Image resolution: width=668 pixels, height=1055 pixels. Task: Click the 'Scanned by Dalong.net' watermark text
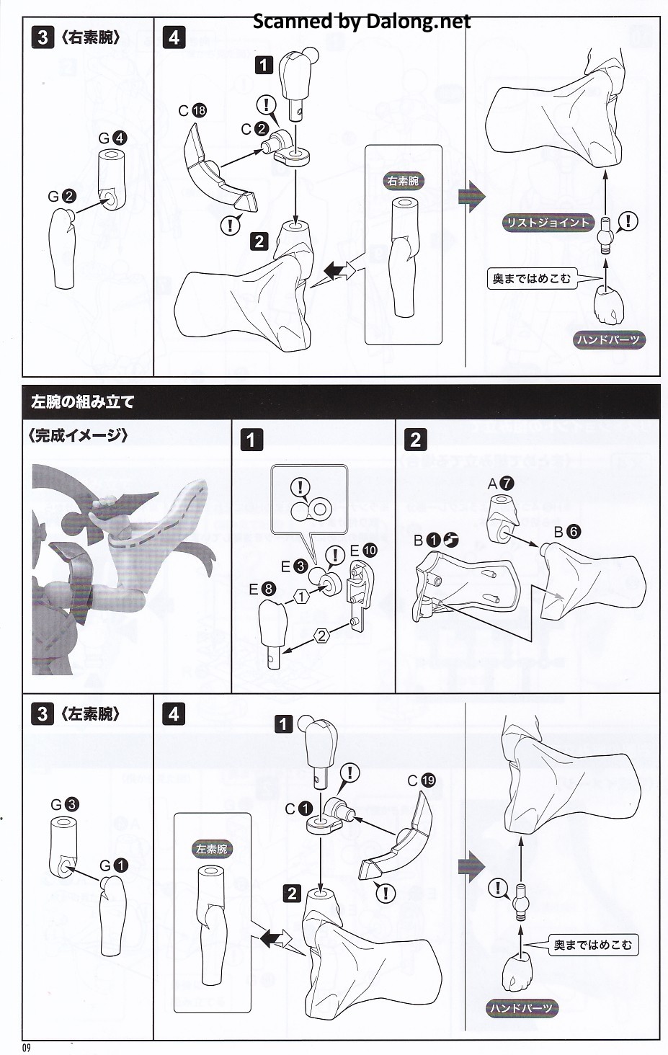click(362, 21)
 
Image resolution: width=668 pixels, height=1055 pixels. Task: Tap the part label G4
click(112, 138)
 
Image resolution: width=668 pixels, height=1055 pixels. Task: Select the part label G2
click(62, 196)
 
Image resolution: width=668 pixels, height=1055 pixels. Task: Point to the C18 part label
click(192, 111)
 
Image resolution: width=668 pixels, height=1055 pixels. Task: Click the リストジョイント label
click(548, 223)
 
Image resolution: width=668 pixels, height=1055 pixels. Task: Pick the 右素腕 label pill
click(403, 181)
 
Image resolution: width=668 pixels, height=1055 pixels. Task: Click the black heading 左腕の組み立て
click(83, 401)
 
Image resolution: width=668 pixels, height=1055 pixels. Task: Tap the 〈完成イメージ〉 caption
click(78, 436)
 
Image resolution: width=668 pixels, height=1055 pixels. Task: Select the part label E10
click(364, 550)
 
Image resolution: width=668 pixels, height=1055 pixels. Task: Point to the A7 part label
click(501, 484)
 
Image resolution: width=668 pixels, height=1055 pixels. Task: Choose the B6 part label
click(567, 532)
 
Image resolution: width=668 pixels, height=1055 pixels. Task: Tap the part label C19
click(422, 780)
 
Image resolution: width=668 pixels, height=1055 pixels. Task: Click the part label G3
click(65, 804)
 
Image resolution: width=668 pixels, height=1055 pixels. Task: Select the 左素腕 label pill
click(212, 849)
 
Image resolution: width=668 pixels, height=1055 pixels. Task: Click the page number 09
click(27, 1048)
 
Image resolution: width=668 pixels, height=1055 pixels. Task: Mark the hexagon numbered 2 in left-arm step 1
click(321, 636)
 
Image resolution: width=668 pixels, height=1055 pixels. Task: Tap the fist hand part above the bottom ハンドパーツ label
click(517, 966)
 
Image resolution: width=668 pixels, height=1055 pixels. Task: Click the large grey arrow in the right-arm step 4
click(471, 196)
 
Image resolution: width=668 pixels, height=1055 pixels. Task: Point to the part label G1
click(114, 865)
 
